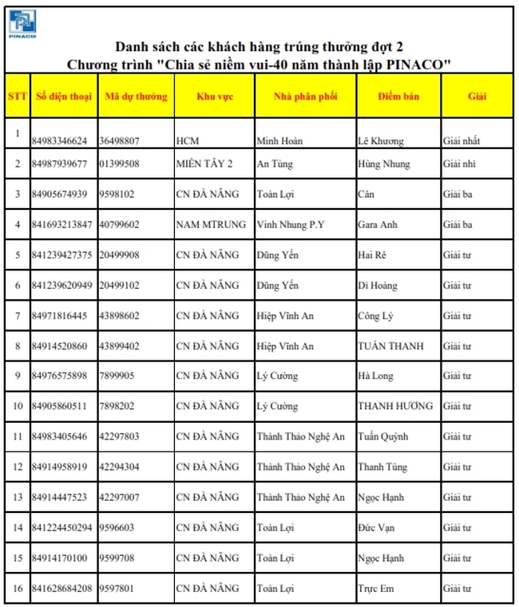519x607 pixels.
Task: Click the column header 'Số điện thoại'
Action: (63, 97)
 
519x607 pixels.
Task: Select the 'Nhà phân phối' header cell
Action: (305, 97)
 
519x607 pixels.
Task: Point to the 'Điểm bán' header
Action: (398, 97)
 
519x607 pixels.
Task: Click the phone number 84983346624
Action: (60, 141)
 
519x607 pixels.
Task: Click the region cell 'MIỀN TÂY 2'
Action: (204, 164)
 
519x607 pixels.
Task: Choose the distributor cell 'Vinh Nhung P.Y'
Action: (291, 225)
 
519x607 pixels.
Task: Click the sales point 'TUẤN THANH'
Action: (391, 346)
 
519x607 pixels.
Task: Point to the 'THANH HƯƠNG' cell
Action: (395, 406)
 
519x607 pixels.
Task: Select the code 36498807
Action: (120, 141)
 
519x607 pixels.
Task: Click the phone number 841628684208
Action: (62, 589)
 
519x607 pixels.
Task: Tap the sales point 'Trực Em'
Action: (377, 589)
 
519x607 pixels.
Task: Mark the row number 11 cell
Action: (17, 436)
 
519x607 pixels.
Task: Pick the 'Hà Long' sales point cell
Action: (376, 376)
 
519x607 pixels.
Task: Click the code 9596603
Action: (117, 527)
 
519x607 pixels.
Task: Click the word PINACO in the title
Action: (416, 63)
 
